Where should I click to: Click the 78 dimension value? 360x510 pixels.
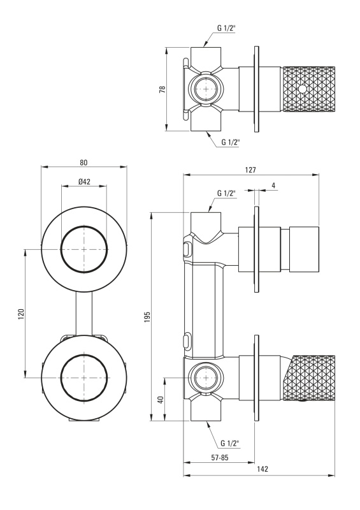pyautogui.click(x=162, y=89)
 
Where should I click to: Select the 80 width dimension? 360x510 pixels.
pyautogui.click(x=83, y=163)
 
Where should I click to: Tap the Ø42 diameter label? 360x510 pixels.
pyautogui.click(x=84, y=182)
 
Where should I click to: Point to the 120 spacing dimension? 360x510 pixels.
pyautogui.click(x=21, y=314)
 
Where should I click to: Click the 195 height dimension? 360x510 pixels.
pyautogui.click(x=147, y=317)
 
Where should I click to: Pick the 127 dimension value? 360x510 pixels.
pyautogui.click(x=251, y=170)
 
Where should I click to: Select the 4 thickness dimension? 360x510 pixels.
pyautogui.click(x=273, y=186)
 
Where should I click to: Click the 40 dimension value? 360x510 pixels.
pyautogui.click(x=161, y=400)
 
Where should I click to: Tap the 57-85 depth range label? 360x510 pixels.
pyautogui.click(x=220, y=458)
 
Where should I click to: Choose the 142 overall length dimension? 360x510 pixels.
pyautogui.click(x=263, y=469)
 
